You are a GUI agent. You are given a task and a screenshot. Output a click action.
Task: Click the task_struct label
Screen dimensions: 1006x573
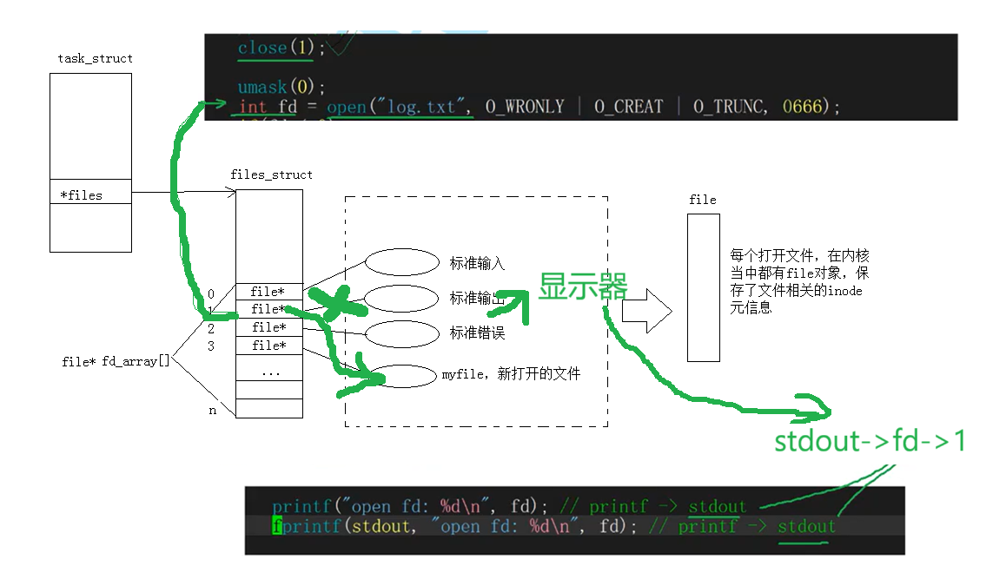(95, 58)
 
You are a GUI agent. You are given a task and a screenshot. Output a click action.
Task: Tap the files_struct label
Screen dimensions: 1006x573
(271, 175)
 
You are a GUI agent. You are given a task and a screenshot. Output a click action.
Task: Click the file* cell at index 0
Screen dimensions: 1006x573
(268, 292)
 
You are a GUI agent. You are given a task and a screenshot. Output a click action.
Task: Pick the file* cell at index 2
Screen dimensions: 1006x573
(269, 327)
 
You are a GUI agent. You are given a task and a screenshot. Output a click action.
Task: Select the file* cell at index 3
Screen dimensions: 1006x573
(269, 346)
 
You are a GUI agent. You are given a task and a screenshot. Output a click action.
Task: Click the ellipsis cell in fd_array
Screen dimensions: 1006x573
(269, 371)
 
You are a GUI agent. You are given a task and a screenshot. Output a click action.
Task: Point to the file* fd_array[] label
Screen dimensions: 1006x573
(116, 361)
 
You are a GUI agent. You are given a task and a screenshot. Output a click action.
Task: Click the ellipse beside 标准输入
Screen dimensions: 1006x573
(401, 262)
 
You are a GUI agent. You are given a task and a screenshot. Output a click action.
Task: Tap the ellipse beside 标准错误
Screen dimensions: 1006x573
(401, 333)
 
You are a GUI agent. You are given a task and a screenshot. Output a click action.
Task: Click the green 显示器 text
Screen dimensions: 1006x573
(583, 286)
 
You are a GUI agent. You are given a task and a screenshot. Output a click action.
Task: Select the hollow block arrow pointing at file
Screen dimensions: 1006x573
(646, 311)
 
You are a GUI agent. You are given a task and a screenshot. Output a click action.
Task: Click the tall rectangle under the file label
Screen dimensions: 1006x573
(703, 287)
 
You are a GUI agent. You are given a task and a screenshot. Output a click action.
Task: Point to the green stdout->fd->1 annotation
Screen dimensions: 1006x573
(870, 441)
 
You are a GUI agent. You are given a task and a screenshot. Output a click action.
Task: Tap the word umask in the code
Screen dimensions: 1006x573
(262, 87)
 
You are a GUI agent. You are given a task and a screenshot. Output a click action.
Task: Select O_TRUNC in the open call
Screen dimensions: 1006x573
(729, 107)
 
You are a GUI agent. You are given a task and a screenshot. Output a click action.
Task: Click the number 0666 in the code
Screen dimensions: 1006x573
(801, 107)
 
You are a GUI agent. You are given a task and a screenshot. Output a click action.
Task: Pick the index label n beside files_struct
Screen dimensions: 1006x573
(213, 411)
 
